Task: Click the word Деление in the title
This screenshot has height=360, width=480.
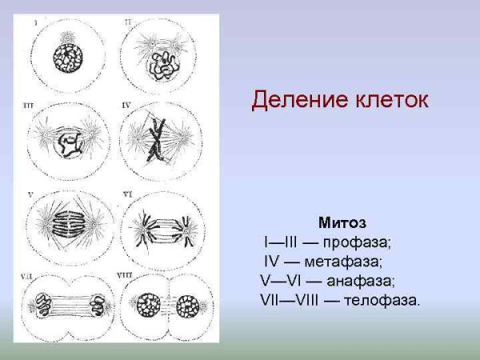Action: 290,100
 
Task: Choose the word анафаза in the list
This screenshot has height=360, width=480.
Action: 360,280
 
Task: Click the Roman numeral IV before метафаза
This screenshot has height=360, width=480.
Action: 271,261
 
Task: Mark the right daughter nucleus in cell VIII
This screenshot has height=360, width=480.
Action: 188,306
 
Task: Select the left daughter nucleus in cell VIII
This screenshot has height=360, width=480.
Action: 149,306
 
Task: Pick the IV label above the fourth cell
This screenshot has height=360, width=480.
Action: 126,105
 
